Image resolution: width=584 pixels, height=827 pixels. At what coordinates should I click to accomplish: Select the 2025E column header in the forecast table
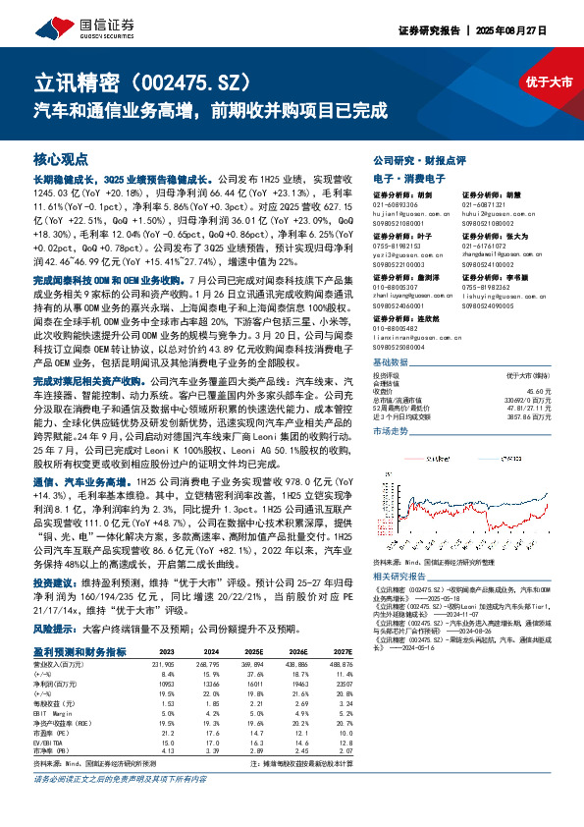coord(254,650)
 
